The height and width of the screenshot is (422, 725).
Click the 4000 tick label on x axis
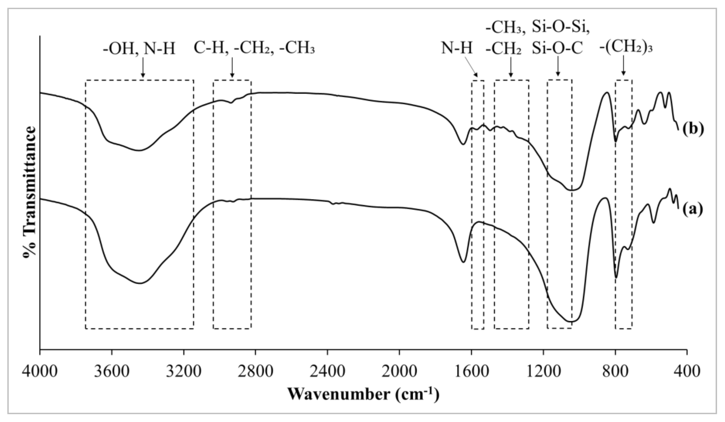point(40,371)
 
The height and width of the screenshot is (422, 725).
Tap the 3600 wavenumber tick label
point(112,371)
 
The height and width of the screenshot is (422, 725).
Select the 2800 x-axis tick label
point(256,371)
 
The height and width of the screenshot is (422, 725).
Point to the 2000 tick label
point(399,371)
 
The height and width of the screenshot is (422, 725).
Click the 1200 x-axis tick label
point(543,371)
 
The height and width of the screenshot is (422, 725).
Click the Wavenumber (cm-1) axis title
point(363,393)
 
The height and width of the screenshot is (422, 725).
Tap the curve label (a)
point(692,209)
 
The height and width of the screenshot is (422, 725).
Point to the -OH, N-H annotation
point(139,48)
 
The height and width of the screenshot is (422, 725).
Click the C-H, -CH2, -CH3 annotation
point(254,48)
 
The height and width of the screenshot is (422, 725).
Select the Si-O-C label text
point(557,48)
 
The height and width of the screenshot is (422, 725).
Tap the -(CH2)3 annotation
point(626,47)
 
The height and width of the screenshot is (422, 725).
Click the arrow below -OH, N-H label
point(143,68)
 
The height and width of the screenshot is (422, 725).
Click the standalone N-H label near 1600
point(456,48)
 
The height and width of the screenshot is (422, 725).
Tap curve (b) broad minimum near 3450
point(139,150)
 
